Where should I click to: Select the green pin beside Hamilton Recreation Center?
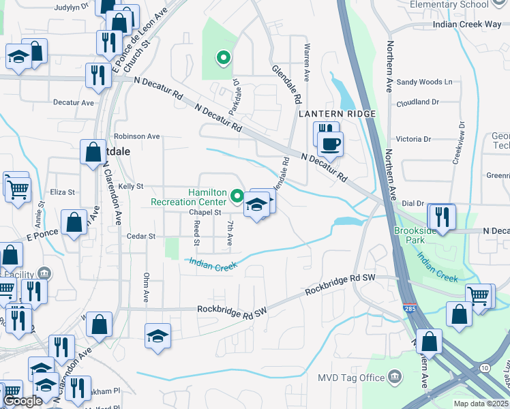237,196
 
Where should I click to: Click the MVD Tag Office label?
350,377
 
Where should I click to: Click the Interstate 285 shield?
409,309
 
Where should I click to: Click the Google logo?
23,402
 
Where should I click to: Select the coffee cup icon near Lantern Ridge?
331,145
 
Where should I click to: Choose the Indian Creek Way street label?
467,25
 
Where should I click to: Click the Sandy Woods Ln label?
425,82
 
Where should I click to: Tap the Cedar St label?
141,236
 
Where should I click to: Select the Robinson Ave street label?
136,136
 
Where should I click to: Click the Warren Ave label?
306,63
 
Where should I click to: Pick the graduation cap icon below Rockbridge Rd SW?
157,336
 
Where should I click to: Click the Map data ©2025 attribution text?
481,404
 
